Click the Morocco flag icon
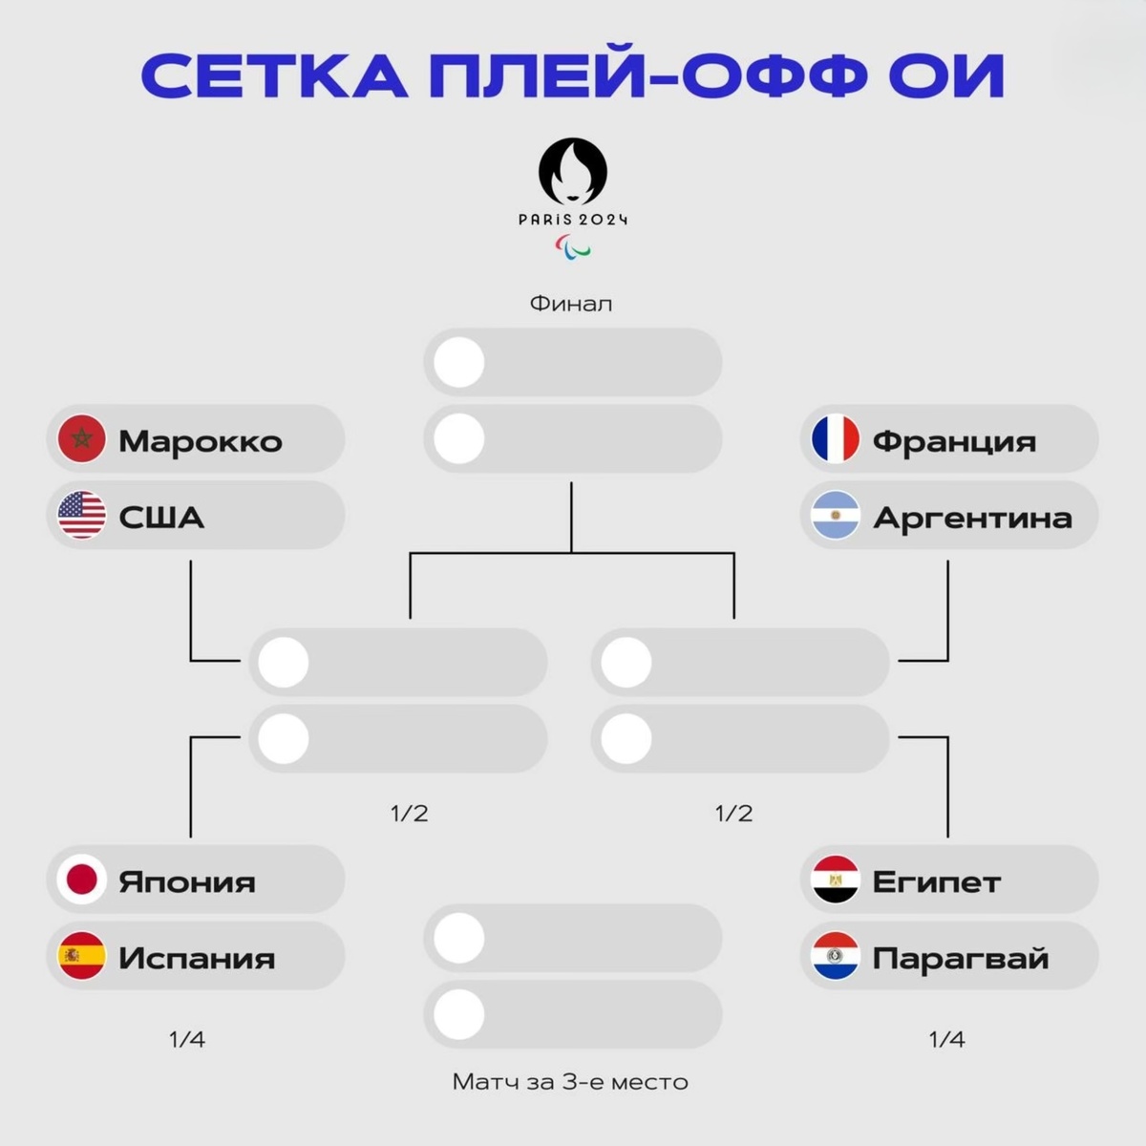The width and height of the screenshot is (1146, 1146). (82, 439)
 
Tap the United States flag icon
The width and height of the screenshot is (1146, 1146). (82, 516)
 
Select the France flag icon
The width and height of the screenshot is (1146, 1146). (836, 439)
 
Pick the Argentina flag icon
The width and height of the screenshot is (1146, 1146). (836, 516)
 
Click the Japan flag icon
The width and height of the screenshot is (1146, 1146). (82, 880)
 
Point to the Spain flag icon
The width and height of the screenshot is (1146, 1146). (82, 956)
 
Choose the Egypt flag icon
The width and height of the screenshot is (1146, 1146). (836, 880)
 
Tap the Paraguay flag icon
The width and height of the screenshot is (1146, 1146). (836, 956)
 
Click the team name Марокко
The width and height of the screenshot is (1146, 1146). (201, 441)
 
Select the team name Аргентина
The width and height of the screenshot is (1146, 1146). (972, 518)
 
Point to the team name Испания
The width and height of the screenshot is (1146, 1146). (197, 958)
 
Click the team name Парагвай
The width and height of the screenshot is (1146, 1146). (960, 958)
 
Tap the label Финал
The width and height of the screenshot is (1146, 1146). (571, 304)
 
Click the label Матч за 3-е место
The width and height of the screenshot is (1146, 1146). (570, 1082)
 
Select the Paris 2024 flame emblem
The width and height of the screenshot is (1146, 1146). (573, 171)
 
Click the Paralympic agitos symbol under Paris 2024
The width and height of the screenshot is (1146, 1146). (573, 247)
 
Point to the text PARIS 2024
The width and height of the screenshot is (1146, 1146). (573, 220)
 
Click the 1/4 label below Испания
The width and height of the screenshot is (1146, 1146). (187, 1039)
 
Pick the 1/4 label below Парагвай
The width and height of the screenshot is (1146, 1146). (947, 1039)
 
